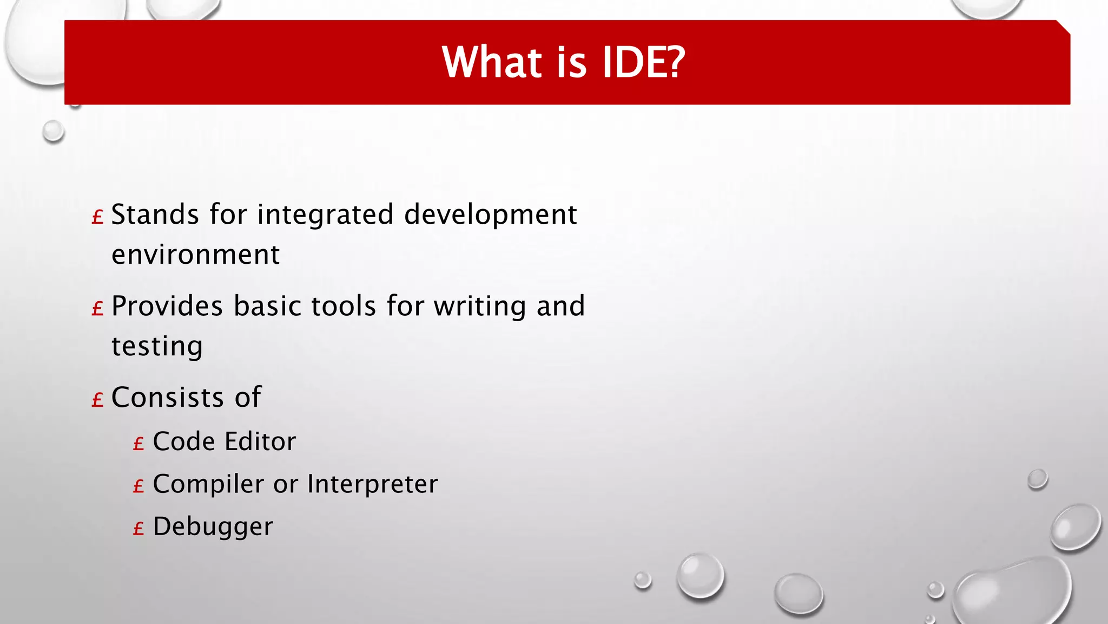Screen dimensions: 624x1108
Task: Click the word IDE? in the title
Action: (x=644, y=62)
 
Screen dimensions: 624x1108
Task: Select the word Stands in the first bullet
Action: (x=155, y=214)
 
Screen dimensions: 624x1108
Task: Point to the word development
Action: (x=490, y=214)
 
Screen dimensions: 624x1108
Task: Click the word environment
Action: (x=195, y=255)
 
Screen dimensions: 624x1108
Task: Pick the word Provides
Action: (x=167, y=307)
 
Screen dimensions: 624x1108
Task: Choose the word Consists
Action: (x=167, y=398)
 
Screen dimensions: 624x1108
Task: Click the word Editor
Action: (x=260, y=441)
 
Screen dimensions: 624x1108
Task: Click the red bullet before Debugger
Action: (x=138, y=529)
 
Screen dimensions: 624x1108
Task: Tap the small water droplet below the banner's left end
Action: (x=53, y=132)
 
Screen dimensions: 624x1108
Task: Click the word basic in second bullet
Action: (x=267, y=307)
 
